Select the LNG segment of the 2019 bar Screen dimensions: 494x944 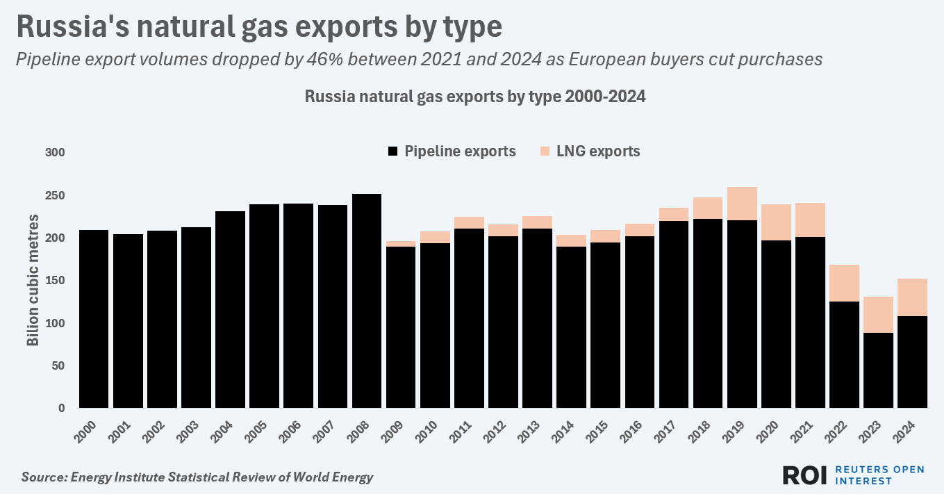pyautogui.click(x=742, y=204)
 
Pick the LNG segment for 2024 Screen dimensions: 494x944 pyautogui.click(x=913, y=297)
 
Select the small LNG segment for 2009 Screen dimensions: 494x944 pyautogui.click(x=401, y=244)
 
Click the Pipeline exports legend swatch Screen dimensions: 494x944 pyautogui.click(x=393, y=151)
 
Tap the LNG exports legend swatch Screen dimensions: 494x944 pyautogui.click(x=545, y=151)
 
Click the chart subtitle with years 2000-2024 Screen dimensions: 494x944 pyautogui.click(x=475, y=97)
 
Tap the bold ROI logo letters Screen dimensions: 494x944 pyautogui.click(x=804, y=475)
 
